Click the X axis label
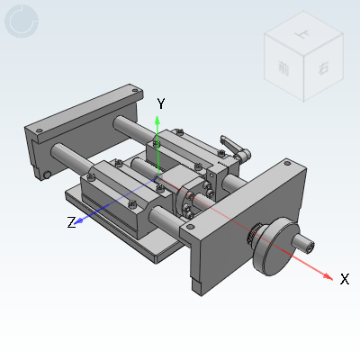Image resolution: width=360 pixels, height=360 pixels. [344, 279]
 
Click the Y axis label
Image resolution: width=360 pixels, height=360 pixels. [160, 103]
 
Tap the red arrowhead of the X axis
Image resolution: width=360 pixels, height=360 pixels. [328, 274]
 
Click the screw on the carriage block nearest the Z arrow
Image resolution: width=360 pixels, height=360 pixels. [115, 165]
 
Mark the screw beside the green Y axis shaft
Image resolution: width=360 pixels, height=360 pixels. [157, 141]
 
